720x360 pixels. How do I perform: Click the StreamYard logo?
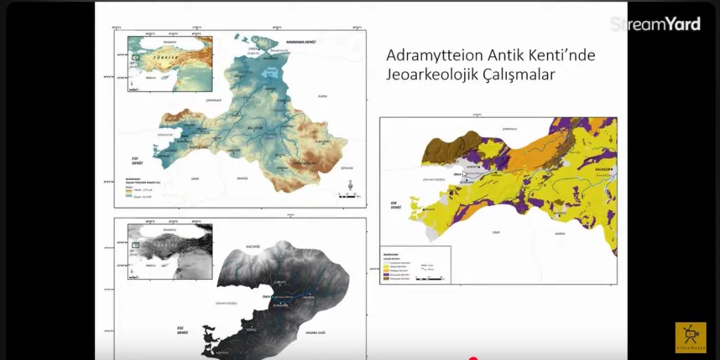click(655, 24)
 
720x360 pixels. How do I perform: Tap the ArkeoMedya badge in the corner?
click(690, 337)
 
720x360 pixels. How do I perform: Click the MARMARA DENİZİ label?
click(301, 42)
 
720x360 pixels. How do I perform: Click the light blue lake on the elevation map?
click(270, 71)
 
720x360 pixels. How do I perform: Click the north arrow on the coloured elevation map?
click(350, 186)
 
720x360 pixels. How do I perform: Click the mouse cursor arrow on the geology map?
click(465, 174)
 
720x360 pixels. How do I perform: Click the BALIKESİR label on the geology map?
click(602, 169)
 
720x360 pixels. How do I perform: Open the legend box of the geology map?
click(415, 264)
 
